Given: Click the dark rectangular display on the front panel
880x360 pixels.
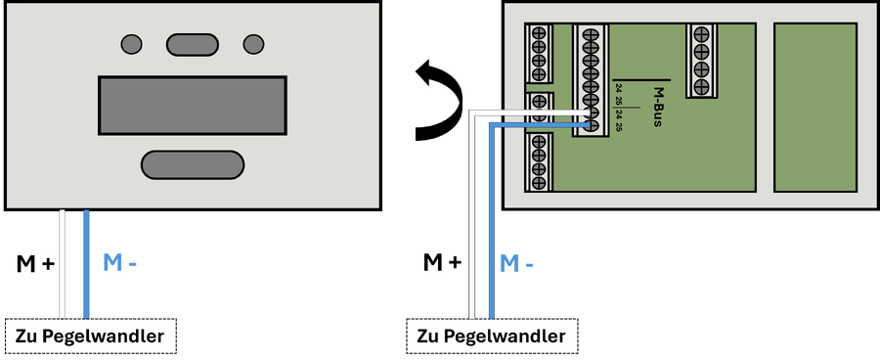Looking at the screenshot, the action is click(193, 106).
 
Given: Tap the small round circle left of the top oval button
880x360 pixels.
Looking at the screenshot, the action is click(131, 44).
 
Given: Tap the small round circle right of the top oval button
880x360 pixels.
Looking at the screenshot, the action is click(253, 44).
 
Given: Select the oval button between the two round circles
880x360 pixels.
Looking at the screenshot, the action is click(192, 44).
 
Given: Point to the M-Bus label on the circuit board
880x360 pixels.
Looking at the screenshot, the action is click(658, 107).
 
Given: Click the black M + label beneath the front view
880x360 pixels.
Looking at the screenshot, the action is click(36, 263).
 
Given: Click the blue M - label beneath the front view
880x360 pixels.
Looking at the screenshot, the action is click(119, 263).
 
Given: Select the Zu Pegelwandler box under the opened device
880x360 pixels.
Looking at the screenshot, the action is click(491, 337).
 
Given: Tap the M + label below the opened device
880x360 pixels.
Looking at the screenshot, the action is click(442, 262).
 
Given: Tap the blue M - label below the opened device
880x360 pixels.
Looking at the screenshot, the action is click(516, 263).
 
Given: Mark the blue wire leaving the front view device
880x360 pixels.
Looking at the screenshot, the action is click(86, 264).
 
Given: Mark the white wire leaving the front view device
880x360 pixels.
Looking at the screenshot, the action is click(63, 264).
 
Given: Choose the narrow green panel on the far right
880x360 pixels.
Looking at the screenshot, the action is click(815, 108).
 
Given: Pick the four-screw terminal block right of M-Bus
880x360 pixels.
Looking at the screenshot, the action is click(701, 60).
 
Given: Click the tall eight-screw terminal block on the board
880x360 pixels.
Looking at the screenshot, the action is click(590, 80).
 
